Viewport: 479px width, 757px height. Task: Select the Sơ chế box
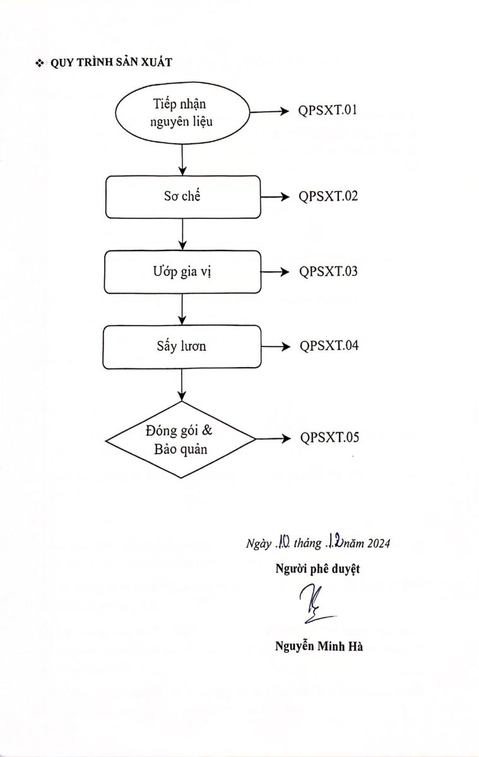pyautogui.click(x=182, y=197)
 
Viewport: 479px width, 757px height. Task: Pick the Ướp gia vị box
pyautogui.click(x=182, y=272)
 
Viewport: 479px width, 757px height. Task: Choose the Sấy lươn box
pyautogui.click(x=182, y=346)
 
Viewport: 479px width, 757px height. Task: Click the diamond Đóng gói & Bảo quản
pyautogui.click(x=181, y=440)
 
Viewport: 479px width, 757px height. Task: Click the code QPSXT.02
pyautogui.click(x=328, y=196)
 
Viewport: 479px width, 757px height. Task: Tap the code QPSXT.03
pyautogui.click(x=328, y=271)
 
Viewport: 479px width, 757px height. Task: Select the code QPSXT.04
pyautogui.click(x=329, y=346)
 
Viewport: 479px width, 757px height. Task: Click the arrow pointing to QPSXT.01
pyautogui.click(x=269, y=112)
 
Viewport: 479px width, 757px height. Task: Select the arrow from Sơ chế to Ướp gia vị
pyautogui.click(x=182, y=234)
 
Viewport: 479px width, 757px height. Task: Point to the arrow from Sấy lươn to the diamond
pyautogui.click(x=182, y=385)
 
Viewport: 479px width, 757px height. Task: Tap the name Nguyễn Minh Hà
pyautogui.click(x=318, y=646)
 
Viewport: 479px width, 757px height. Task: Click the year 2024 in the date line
pyautogui.click(x=377, y=543)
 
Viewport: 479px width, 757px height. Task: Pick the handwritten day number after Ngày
pyautogui.click(x=282, y=541)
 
